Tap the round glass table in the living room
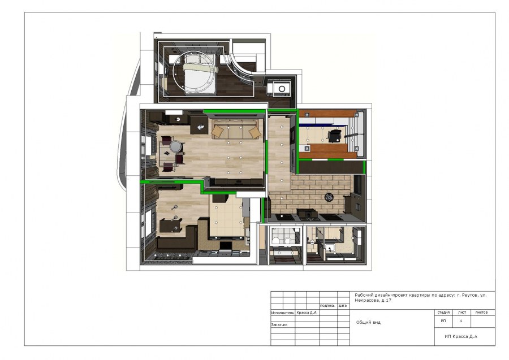tap(176, 146)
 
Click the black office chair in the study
tap(334, 136)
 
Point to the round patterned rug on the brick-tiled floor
tap(329, 197)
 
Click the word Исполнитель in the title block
tap(282, 313)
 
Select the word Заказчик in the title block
tap(279, 324)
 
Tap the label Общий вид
tap(368, 322)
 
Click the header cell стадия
tap(443, 313)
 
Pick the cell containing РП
tap(443, 321)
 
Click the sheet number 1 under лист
tap(461, 321)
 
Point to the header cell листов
tap(481, 313)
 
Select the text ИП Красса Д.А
tap(461, 337)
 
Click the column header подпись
tap(327, 306)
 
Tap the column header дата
tap(343, 306)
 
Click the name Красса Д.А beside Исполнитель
tap(307, 313)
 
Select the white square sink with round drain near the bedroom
tap(282, 89)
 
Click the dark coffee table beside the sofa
tap(199, 125)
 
